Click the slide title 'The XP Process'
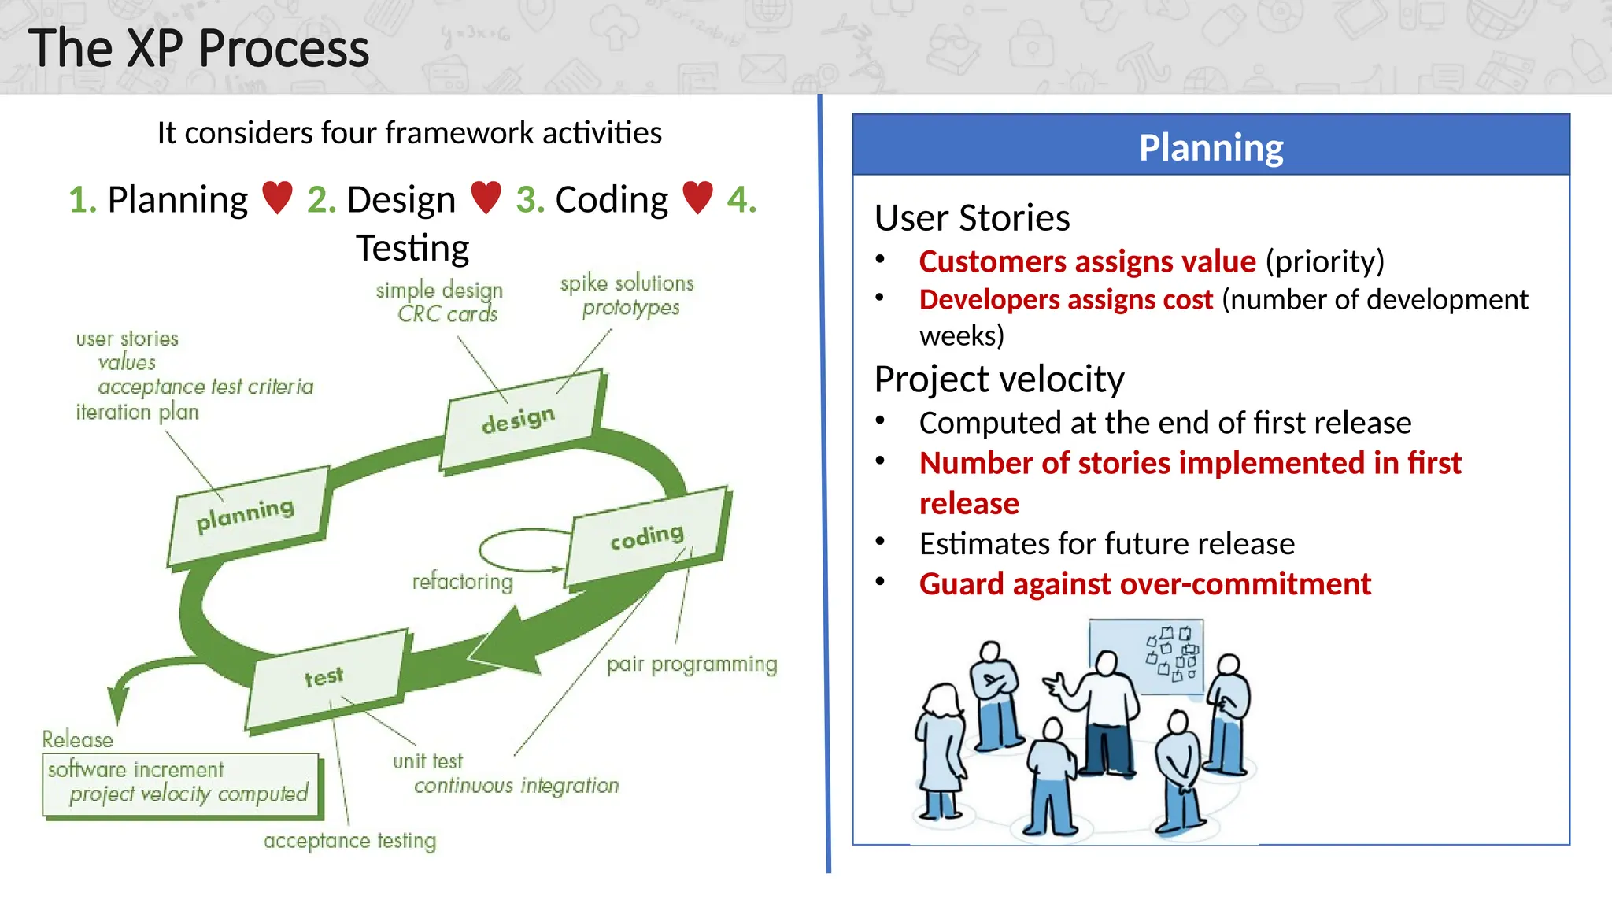pyautogui.click(x=198, y=49)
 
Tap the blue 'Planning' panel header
pyautogui.click(x=1211, y=146)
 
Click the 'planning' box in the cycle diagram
pyautogui.click(x=246, y=515)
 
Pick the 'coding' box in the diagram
pyautogui.click(x=647, y=537)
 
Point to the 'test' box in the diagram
pyautogui.click(x=324, y=677)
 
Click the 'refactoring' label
pyautogui.click(x=463, y=582)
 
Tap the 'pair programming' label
pyautogui.click(x=692, y=665)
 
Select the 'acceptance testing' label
pyautogui.click(x=349, y=841)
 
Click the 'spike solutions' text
pyautogui.click(x=627, y=283)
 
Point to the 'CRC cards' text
pyautogui.click(x=448, y=314)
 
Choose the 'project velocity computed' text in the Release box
pyautogui.click(x=189, y=794)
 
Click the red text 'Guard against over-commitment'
pyautogui.click(x=1144, y=584)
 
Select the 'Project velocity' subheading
pyautogui.click(x=999, y=379)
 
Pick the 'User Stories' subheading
pyautogui.click(x=972, y=218)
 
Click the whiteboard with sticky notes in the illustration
pyautogui.click(x=1147, y=657)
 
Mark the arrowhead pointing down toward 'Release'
pyautogui.click(x=119, y=704)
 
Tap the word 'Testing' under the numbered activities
pyautogui.click(x=412, y=248)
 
